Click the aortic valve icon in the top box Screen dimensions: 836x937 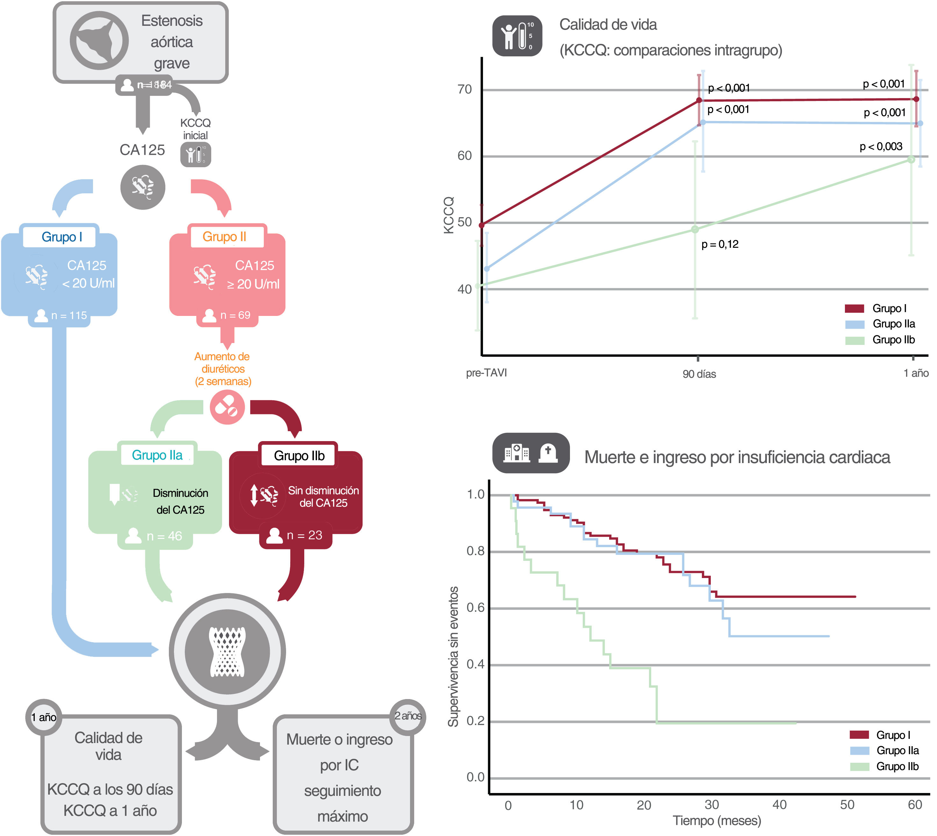coord(99,40)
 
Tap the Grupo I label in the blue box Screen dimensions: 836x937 coord(61,237)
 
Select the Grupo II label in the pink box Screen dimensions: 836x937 coord(224,237)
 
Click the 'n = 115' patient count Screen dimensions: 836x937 coord(68,316)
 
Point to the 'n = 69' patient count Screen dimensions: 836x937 coord(235,315)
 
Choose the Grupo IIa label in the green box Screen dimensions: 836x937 coord(157,455)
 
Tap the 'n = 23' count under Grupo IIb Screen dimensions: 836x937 coord(304,535)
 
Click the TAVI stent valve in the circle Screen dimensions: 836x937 coord(227,652)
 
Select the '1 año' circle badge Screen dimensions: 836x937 coord(44,717)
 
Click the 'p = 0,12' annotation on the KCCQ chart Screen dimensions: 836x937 coord(720,244)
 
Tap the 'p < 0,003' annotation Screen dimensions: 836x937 coord(881,146)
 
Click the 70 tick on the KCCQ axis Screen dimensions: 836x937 coord(465,89)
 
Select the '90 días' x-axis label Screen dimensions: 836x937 coord(699,374)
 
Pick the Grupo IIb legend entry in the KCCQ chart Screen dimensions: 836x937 coord(893,340)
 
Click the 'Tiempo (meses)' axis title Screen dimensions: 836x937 coord(717,820)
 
